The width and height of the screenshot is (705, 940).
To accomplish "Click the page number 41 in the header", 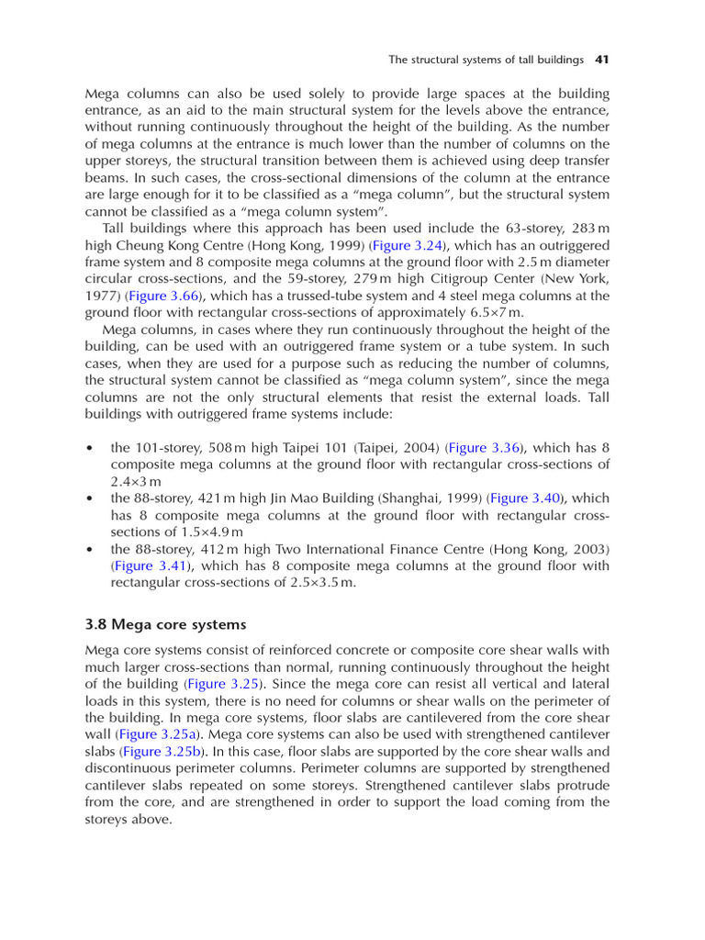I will pyautogui.click(x=602, y=60).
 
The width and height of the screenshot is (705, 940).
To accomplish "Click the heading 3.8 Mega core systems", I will pyautogui.click(x=165, y=624).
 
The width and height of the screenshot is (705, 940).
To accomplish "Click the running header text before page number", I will pyautogui.click(x=486, y=60).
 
